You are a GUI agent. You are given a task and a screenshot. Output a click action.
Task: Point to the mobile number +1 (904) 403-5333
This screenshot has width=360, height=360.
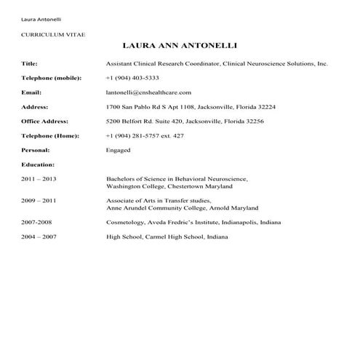click(x=132, y=78)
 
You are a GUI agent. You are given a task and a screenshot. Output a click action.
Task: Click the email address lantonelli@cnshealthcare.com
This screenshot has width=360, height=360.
click(x=148, y=92)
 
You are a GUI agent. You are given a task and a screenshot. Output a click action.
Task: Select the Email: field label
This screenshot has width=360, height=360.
click(x=31, y=92)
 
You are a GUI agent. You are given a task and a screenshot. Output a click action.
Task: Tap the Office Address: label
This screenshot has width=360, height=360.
click(x=45, y=121)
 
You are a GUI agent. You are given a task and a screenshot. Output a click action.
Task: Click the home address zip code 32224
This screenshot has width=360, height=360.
click(x=265, y=107)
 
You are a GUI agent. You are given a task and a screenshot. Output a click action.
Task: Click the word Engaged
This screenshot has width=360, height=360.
click(x=119, y=150)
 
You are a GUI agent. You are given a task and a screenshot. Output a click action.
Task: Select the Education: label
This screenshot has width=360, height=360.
click(x=38, y=164)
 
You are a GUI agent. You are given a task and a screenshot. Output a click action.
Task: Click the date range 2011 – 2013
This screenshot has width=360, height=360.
click(x=39, y=179)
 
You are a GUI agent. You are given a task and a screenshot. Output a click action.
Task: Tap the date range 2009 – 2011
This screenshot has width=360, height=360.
click(x=39, y=199)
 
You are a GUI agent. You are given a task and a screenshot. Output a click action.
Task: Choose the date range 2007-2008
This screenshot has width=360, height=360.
click(x=37, y=222)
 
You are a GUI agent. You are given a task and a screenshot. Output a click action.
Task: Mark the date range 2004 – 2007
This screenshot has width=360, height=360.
click(x=39, y=236)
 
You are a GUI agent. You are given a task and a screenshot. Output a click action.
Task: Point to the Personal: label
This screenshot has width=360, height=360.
click(x=36, y=150)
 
